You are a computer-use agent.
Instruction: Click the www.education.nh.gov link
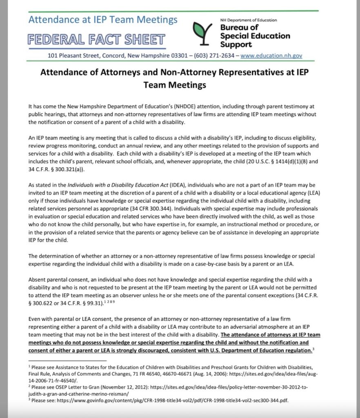pos(271,56)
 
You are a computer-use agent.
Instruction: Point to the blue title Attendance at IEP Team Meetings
pos(103,20)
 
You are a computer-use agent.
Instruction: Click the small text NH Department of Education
pos(248,20)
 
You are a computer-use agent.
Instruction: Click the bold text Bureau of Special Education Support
pos(255,36)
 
